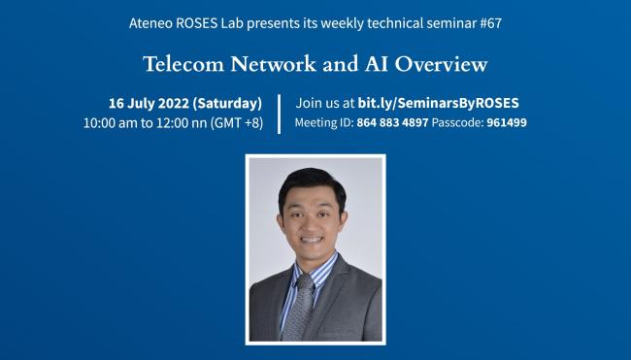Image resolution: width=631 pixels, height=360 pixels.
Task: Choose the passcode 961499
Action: pos(506,123)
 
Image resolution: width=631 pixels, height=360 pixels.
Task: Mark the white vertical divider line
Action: pos(280,113)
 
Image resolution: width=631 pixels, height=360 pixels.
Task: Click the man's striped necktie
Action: pos(303,310)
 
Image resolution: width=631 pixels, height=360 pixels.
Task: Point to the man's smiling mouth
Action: pos(312,240)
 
